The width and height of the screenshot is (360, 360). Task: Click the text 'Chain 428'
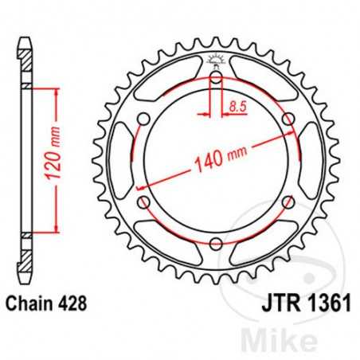point(45,303)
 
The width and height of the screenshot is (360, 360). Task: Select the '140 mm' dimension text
point(215,161)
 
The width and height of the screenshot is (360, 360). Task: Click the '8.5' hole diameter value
point(237,105)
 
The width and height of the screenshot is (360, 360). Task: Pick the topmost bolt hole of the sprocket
point(215,78)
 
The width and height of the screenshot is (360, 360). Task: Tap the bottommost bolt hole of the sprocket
point(215,243)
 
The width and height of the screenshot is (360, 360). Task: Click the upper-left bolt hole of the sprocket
point(143,119)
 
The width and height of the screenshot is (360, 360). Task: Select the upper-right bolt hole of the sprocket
point(286,119)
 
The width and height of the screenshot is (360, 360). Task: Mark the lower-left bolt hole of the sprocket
point(143,202)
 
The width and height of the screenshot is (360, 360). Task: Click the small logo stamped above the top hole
point(215,59)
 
